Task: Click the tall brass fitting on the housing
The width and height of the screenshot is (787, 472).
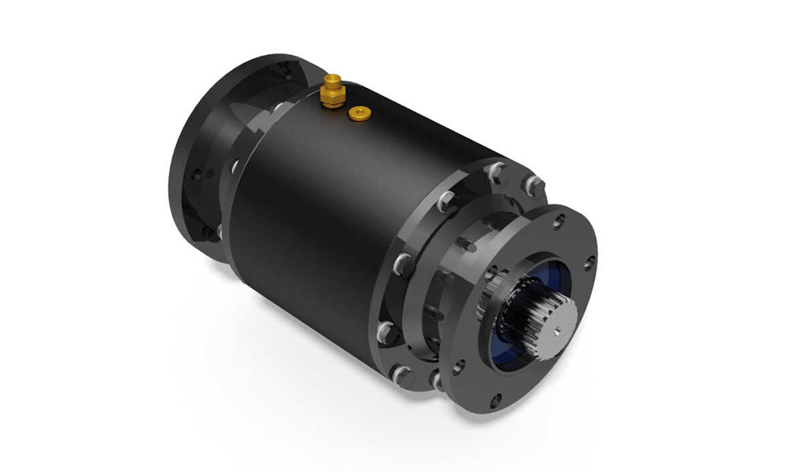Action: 331,90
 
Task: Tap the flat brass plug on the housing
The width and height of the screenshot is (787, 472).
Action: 360,114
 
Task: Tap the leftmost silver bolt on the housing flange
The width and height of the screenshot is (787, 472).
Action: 383,330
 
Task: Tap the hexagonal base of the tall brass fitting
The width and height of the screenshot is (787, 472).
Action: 331,98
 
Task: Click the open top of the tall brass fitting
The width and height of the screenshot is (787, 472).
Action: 332,79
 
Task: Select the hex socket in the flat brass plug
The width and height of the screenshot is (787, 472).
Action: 360,114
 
